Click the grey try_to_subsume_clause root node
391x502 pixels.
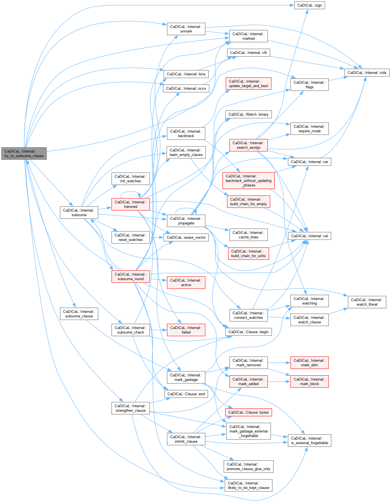pyautogui.click(x=24, y=154)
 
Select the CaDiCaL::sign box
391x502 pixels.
pyautogui.click(x=310, y=5)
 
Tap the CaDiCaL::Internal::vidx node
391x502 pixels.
pyautogui.click(x=367, y=73)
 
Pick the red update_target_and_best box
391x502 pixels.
pyautogui.click(x=249, y=84)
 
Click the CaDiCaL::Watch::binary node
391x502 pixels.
pyautogui.click(x=249, y=114)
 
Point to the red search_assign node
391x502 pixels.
pyautogui.click(x=249, y=145)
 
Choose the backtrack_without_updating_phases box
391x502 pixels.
pyautogui.click(x=249, y=181)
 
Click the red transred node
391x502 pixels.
pyautogui.click(x=131, y=204)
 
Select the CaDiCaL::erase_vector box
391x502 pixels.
pyautogui.click(x=186, y=237)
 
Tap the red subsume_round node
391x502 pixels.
pyautogui.click(x=131, y=277)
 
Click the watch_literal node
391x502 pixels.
pyautogui.click(x=367, y=302)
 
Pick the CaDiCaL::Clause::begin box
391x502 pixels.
pyautogui.click(x=249, y=332)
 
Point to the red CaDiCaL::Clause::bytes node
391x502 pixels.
pyautogui.click(x=249, y=412)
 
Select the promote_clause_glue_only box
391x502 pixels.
pyautogui.click(x=249, y=466)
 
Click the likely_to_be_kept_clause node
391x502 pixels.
pyautogui.click(x=249, y=485)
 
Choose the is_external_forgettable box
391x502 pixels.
pyautogui.click(x=310, y=440)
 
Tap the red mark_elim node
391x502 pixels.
pyautogui.click(x=310, y=363)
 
